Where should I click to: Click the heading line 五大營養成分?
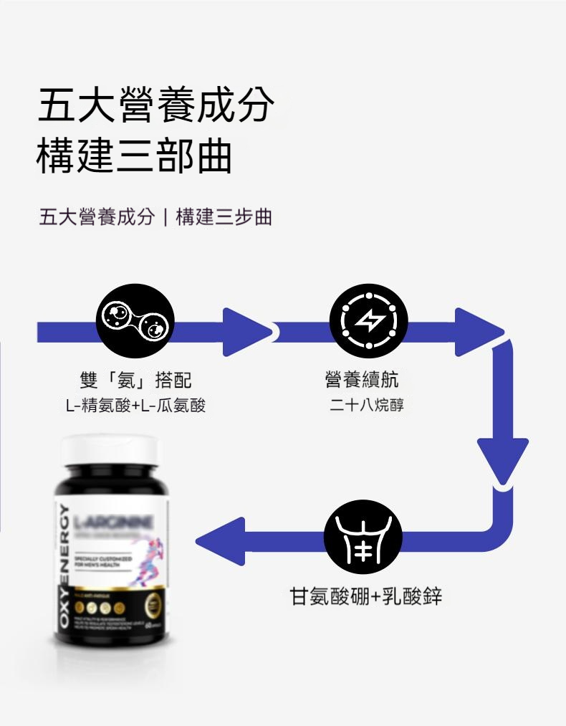[156, 106]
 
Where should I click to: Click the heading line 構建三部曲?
[134, 158]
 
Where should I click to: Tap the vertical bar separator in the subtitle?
[166, 217]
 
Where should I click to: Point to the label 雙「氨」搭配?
[136, 381]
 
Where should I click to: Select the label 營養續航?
[363, 380]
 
